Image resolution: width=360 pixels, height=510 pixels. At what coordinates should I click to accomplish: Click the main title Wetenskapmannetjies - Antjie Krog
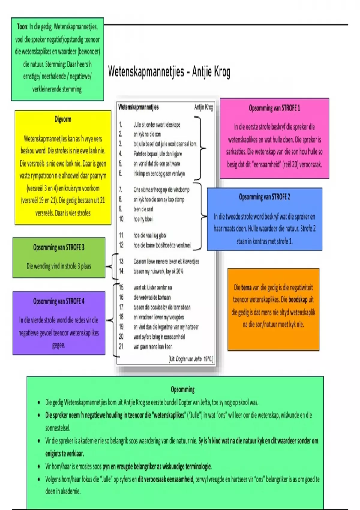(x=169, y=72)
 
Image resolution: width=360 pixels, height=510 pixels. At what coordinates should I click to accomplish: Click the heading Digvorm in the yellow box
(x=63, y=119)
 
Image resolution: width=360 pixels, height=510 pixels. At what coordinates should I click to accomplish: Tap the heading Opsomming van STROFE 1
(x=274, y=108)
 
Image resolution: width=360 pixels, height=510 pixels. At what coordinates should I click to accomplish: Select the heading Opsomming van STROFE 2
(x=264, y=197)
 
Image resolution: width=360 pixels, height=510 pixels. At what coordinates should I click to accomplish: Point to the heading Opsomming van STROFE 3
(x=59, y=247)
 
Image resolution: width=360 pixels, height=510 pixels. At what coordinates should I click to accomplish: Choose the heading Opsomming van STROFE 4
(x=59, y=301)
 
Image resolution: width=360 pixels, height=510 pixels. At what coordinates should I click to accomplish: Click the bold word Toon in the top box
(x=22, y=27)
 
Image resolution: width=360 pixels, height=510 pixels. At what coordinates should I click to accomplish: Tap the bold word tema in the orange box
(x=246, y=288)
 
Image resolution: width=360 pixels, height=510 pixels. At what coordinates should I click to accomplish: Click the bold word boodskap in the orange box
(x=298, y=300)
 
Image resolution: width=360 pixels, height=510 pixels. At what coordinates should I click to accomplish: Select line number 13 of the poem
(x=121, y=262)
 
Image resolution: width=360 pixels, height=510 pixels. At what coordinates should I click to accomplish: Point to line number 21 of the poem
(x=121, y=346)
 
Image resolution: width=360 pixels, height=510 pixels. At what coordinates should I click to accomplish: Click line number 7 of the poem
(x=121, y=190)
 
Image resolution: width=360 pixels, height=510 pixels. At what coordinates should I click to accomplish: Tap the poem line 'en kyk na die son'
(x=147, y=134)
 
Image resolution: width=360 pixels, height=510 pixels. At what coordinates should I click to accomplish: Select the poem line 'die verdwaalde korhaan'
(x=152, y=297)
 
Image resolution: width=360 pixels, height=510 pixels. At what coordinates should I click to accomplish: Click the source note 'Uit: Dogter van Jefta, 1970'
(x=191, y=359)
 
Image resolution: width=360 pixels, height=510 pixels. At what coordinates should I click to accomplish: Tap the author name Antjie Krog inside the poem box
(x=204, y=107)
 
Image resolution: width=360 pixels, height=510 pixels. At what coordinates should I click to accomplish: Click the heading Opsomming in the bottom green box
(x=182, y=390)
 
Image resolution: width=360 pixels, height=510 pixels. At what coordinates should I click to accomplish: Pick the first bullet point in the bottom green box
(x=39, y=403)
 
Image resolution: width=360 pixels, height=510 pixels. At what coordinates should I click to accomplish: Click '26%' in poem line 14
(x=180, y=271)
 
